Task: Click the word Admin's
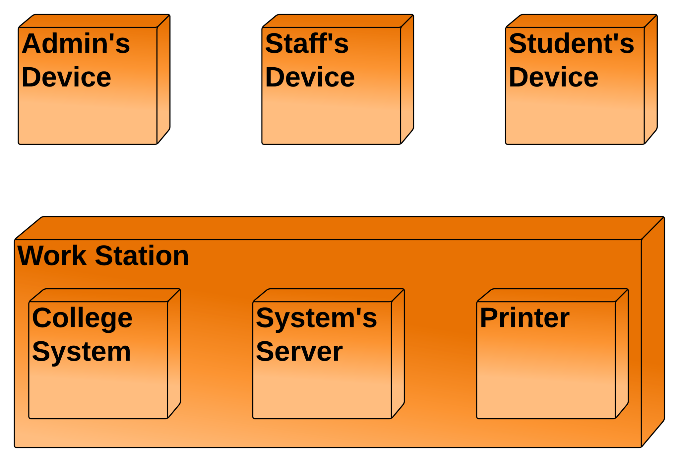pos(76,44)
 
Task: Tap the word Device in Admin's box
pos(66,77)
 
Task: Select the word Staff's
pos(307,44)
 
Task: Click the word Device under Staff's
pos(310,77)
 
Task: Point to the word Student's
pos(571,44)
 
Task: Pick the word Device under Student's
pos(553,77)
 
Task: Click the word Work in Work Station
pos(52,256)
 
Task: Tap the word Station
pos(142,256)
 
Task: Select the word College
pos(82,318)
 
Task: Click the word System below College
pos(82,352)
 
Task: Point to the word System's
pos(316,318)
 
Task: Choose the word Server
pos(299,352)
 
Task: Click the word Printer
pos(525,318)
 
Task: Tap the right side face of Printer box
pos(622,353)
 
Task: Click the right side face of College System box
pos(174,353)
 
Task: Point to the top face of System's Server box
pos(328,295)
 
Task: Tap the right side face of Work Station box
pos(652,331)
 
